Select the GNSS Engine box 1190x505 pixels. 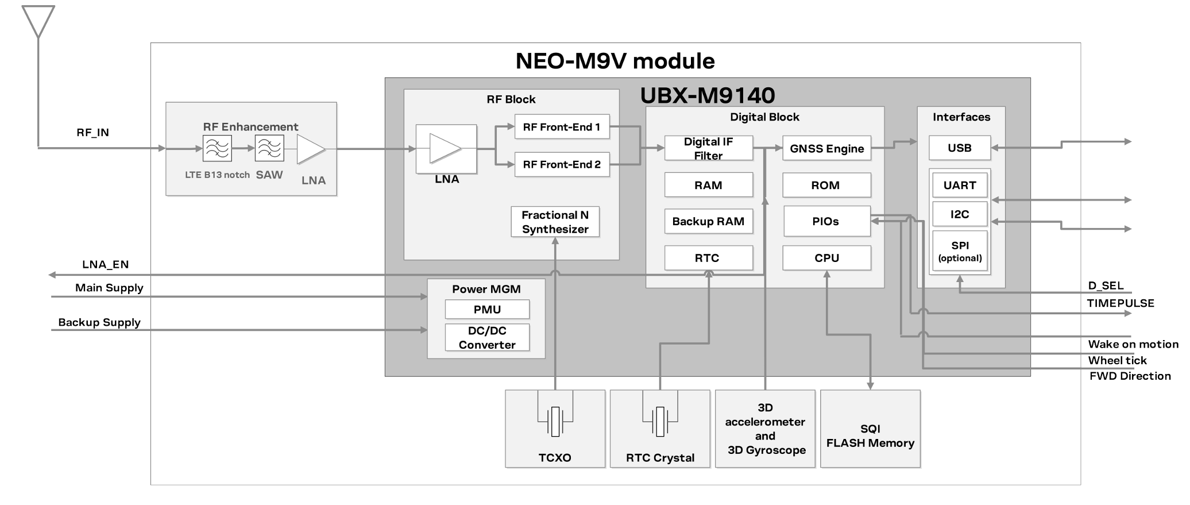click(826, 148)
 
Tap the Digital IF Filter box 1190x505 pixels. click(708, 148)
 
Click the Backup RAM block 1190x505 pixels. click(708, 221)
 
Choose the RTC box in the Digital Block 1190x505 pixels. click(708, 258)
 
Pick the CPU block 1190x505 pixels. click(826, 258)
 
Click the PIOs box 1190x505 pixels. click(826, 221)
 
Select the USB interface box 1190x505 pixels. click(959, 148)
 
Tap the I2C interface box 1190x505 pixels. click(959, 214)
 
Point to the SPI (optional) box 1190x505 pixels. click(960, 251)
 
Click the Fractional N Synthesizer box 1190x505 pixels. click(555, 222)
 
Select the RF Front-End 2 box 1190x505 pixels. click(562, 164)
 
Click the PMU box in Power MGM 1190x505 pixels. click(487, 309)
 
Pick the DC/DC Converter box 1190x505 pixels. click(487, 338)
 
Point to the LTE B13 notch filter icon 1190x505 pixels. click(217, 149)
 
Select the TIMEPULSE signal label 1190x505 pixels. click(1120, 303)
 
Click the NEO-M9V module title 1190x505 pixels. click(615, 61)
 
